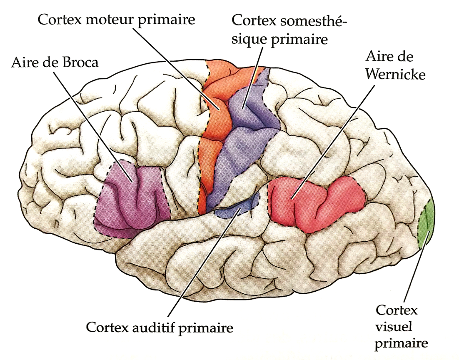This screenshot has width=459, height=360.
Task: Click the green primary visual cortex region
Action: pos(427,223)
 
